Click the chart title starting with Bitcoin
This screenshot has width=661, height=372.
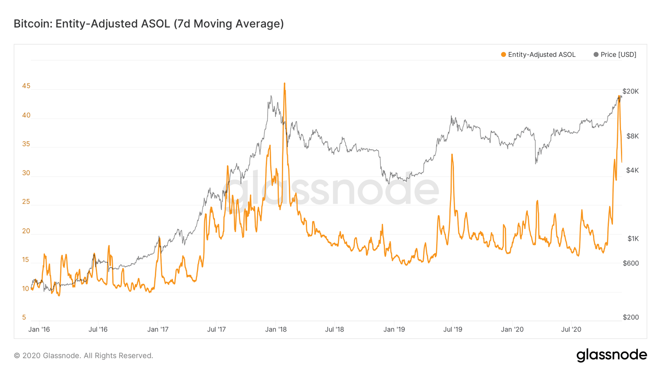tap(148, 24)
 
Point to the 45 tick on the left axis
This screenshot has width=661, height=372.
tap(26, 86)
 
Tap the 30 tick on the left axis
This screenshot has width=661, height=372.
tap(26, 173)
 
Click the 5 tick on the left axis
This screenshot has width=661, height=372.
tap(24, 317)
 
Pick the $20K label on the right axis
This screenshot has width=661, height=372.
tap(630, 91)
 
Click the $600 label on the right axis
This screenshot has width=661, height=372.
tap(630, 263)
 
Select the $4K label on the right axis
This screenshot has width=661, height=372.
tap(632, 170)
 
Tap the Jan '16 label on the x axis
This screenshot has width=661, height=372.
tap(39, 329)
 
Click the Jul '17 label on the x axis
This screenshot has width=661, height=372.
tap(216, 329)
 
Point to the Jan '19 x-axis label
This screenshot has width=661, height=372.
tap(394, 329)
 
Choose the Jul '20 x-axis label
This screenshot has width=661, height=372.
tap(571, 329)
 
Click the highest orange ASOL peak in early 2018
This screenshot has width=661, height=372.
tap(284, 84)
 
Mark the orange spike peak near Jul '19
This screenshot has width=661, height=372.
tap(452, 155)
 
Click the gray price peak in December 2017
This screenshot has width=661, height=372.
tap(271, 96)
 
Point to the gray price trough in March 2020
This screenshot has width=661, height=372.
tap(536, 163)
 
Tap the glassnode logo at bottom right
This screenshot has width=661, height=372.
tap(612, 355)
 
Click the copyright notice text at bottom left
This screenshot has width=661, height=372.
tap(83, 356)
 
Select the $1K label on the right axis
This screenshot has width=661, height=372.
tap(633, 239)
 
